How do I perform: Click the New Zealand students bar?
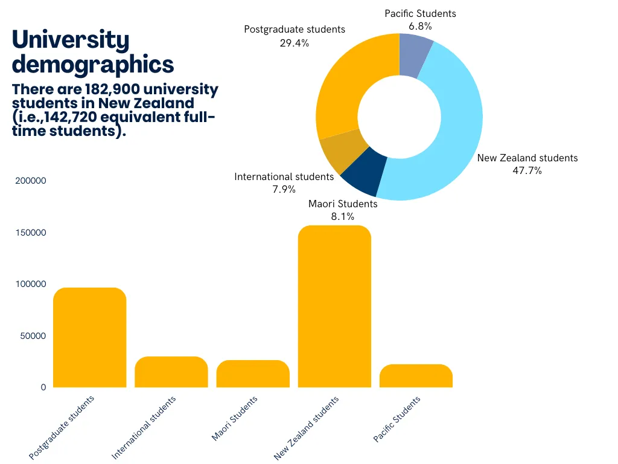click(334, 306)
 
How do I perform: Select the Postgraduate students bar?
click(89, 337)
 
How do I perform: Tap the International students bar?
click(171, 372)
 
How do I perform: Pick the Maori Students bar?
click(253, 373)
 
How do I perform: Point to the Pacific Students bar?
click(416, 376)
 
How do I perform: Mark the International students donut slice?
click(342, 150)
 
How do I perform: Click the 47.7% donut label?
click(527, 171)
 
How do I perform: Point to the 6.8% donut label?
click(420, 27)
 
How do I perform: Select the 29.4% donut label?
click(295, 43)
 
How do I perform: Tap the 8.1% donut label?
click(343, 217)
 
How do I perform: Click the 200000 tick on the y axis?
click(31, 181)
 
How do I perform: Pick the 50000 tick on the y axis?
click(33, 336)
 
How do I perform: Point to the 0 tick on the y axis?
click(43, 387)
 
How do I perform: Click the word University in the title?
click(71, 40)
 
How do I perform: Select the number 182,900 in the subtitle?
click(112, 89)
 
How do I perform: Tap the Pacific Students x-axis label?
click(397, 419)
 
